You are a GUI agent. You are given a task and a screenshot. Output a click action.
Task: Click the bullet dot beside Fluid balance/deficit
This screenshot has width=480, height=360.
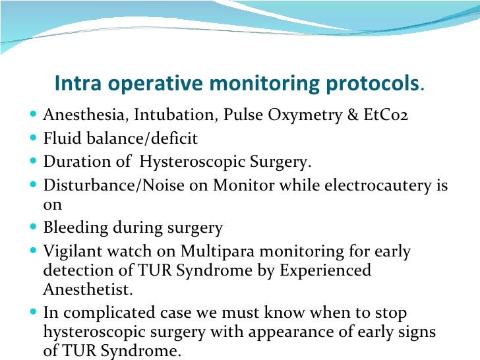tap(34, 139)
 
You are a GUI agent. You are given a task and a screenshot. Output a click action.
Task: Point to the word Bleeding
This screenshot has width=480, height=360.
tap(73, 228)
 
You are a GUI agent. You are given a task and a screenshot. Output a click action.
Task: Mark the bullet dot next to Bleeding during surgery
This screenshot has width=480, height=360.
tap(34, 228)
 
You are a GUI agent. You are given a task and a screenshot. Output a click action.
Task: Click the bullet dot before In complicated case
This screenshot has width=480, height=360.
tap(34, 313)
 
